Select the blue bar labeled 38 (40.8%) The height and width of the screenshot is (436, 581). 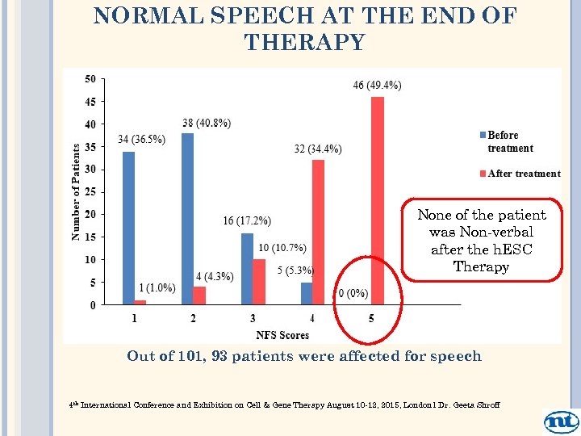[x=187, y=219]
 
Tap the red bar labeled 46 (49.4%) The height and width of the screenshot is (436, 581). [x=377, y=201]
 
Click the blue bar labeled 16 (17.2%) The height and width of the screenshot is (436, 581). [x=247, y=269]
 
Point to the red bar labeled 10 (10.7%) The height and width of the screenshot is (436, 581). [x=259, y=282]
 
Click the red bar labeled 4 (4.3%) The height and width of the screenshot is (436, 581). [x=199, y=296]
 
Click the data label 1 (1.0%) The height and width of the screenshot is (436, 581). [x=157, y=288]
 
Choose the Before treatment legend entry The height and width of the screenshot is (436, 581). [x=509, y=141]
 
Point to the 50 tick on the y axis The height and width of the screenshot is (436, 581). [x=90, y=78]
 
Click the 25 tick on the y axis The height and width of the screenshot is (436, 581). [x=90, y=192]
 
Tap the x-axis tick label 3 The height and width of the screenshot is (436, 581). [x=253, y=318]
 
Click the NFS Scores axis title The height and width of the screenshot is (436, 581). [x=282, y=334]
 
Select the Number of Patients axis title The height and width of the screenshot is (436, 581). [x=76, y=191]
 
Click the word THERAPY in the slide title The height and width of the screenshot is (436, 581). [x=304, y=42]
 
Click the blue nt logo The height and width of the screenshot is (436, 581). [x=561, y=421]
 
